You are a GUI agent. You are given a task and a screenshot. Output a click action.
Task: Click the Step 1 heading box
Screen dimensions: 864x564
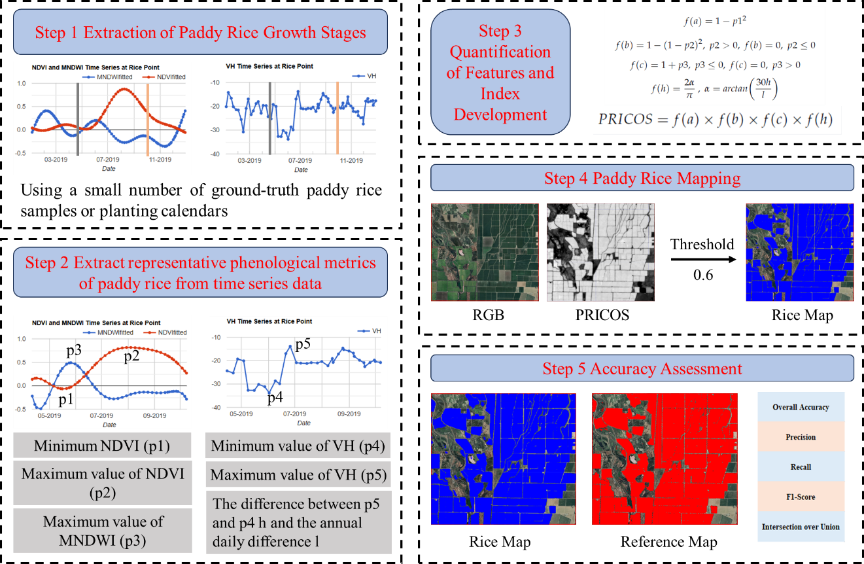click(200, 32)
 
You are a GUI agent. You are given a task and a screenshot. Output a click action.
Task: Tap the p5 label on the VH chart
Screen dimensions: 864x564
click(303, 344)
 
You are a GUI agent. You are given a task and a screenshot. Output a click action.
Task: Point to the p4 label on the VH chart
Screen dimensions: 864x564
click(275, 397)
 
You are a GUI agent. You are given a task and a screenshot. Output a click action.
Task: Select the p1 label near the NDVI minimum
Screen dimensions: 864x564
click(66, 398)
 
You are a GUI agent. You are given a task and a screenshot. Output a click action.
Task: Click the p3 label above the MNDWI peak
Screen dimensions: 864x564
click(74, 350)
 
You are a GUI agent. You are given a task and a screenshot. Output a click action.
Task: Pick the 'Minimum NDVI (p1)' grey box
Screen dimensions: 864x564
click(102, 445)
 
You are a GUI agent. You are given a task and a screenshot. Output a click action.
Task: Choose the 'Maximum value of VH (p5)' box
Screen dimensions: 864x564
click(298, 474)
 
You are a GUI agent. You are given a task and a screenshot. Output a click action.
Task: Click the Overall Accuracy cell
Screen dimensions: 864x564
click(801, 407)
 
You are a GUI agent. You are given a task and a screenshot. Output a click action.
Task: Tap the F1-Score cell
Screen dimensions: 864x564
click(801, 497)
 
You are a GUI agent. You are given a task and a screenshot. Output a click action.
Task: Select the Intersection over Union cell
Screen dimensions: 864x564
click(801, 527)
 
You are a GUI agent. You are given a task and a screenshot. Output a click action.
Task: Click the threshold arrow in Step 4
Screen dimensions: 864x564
click(703, 259)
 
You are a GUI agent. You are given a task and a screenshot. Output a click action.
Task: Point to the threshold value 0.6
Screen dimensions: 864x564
click(703, 275)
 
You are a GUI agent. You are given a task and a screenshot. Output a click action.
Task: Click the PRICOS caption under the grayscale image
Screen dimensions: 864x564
click(602, 315)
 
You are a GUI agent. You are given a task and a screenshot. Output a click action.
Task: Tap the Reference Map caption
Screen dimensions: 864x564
click(668, 542)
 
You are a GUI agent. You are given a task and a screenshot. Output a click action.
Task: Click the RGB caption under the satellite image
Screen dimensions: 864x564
click(489, 315)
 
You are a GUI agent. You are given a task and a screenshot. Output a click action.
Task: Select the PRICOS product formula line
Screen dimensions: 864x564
click(715, 119)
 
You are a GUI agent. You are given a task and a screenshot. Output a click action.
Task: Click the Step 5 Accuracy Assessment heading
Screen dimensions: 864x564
click(642, 368)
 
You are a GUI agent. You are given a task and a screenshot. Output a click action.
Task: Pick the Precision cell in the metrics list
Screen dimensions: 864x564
click(801, 436)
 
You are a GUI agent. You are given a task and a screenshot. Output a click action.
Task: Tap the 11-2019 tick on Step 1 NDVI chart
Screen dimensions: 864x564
click(160, 160)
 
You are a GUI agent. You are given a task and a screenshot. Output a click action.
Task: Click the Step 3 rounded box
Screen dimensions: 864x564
click(500, 72)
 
